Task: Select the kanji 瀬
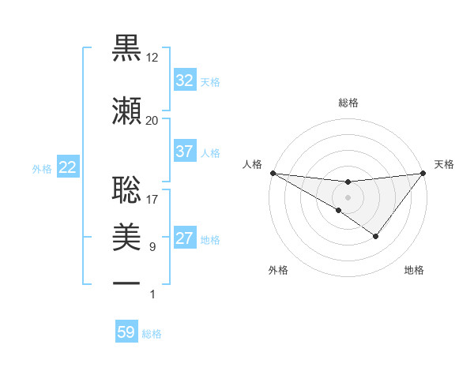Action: (x=127, y=110)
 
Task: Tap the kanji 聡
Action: (x=127, y=190)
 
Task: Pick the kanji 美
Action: (x=127, y=234)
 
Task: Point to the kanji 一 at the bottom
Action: (x=127, y=282)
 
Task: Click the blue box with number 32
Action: (x=185, y=81)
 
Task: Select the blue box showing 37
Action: (x=185, y=152)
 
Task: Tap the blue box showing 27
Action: (x=185, y=238)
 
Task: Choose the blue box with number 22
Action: (x=68, y=167)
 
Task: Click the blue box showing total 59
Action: (x=126, y=332)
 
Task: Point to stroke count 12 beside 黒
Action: (x=152, y=58)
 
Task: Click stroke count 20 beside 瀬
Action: (x=152, y=120)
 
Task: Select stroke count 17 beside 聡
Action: (x=152, y=200)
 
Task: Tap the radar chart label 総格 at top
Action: (x=348, y=103)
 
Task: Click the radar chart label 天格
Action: (x=444, y=164)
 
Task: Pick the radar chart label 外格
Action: (x=278, y=270)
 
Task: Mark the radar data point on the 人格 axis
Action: (x=273, y=172)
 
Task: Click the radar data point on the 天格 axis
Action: (x=423, y=172)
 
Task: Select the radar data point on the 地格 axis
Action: (x=376, y=236)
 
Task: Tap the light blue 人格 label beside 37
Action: (x=210, y=152)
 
